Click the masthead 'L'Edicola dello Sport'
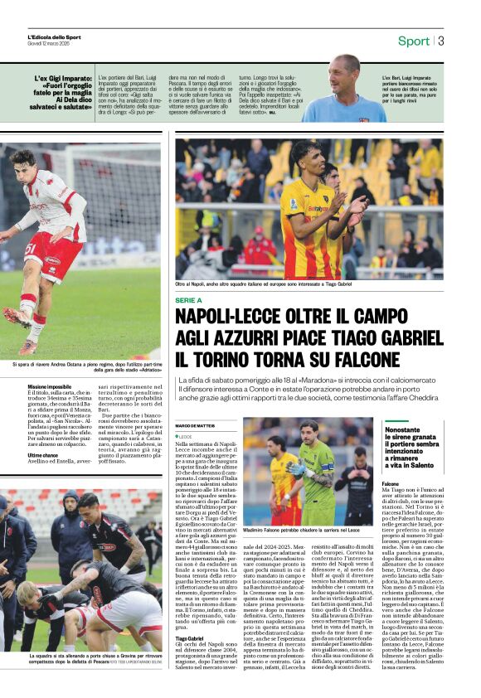tap(55, 37)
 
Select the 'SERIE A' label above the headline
tap(190, 299)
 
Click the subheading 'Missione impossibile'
tap(50, 387)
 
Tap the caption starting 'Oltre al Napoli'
tap(253, 284)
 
